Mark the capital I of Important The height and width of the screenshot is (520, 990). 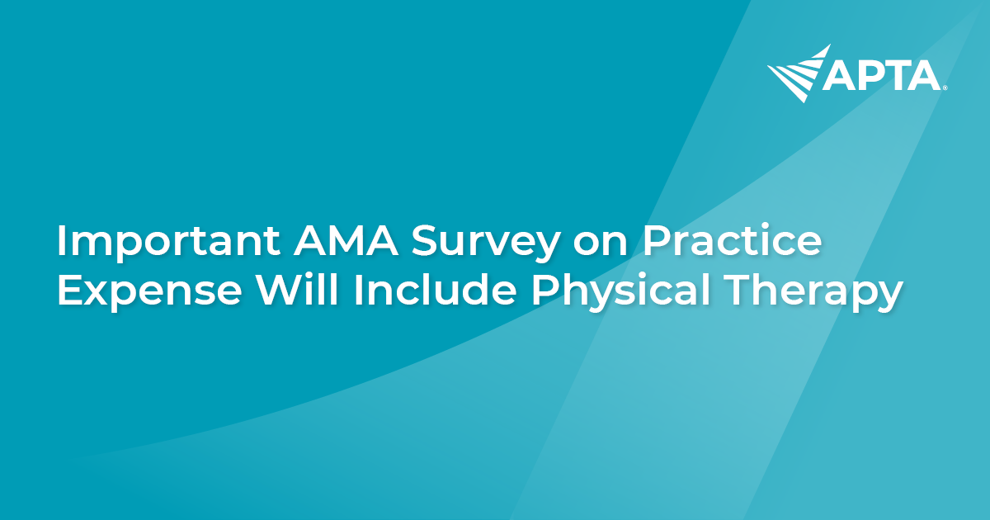point(62,243)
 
